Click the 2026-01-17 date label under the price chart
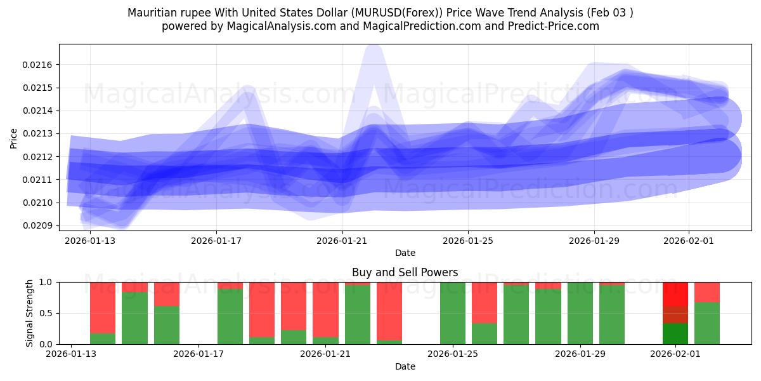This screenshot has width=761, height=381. tap(216, 241)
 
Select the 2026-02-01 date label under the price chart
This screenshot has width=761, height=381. tap(689, 241)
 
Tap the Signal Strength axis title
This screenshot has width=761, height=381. tap(30, 313)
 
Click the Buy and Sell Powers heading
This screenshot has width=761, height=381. tap(405, 272)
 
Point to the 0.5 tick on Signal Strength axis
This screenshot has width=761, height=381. tap(48, 313)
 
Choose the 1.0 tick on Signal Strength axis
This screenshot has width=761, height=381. tap(48, 282)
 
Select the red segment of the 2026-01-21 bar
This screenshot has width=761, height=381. tap(325, 309)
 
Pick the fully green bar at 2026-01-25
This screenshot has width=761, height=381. tap(453, 313)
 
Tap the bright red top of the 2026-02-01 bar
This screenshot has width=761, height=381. tap(675, 294)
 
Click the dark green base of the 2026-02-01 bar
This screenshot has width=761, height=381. tap(675, 333)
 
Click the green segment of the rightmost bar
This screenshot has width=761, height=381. tap(707, 323)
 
